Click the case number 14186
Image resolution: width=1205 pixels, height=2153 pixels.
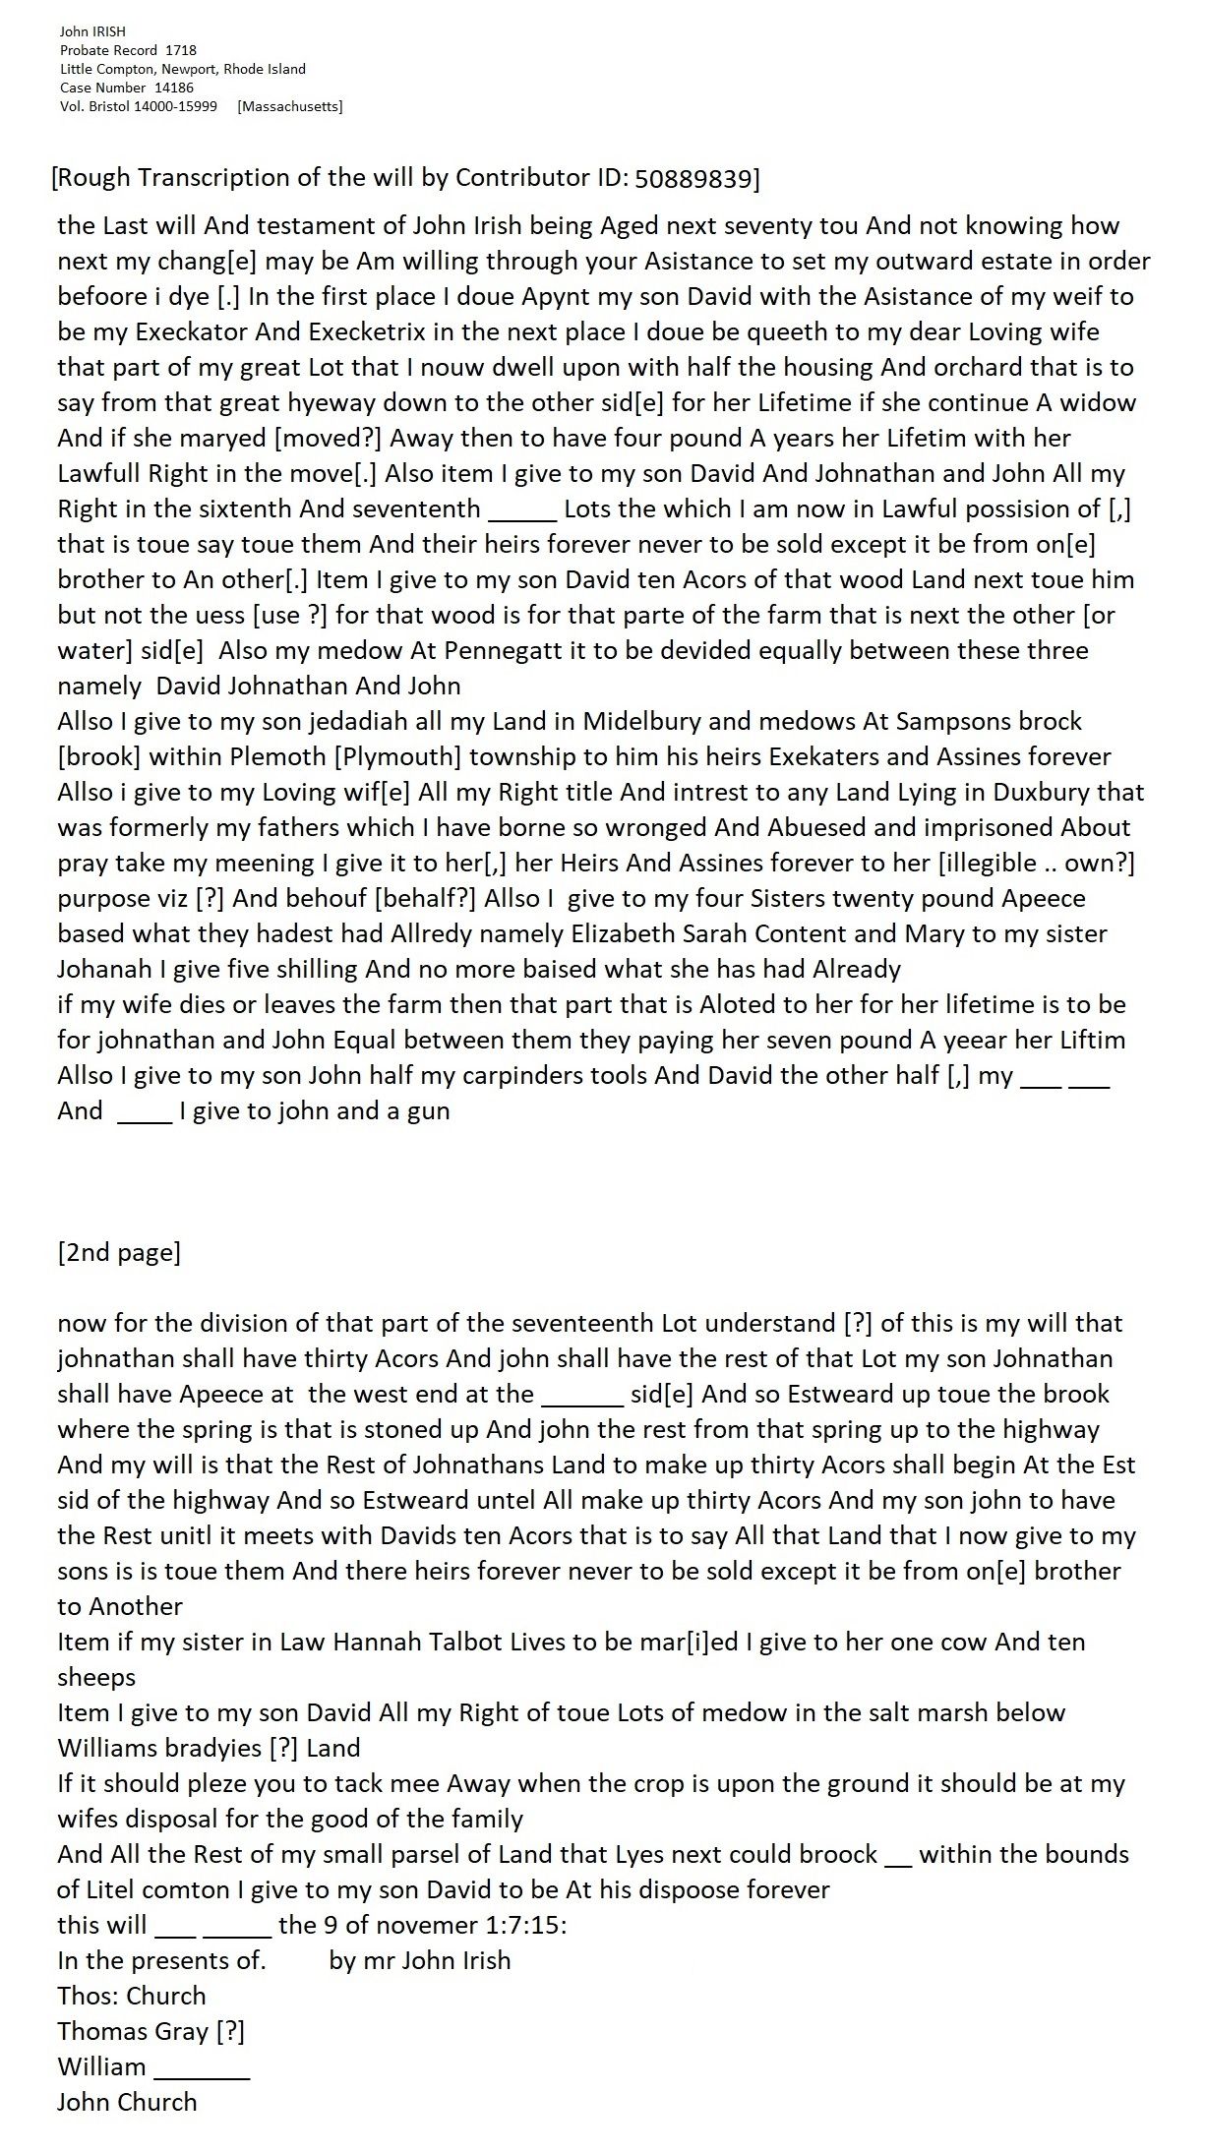point(174,88)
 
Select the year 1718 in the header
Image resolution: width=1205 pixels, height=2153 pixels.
point(181,50)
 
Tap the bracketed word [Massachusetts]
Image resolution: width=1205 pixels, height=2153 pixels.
point(290,106)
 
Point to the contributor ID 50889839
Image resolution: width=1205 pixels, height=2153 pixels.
point(693,178)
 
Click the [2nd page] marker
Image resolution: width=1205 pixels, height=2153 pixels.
point(119,1253)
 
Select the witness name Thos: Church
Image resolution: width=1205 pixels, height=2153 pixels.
point(132,1997)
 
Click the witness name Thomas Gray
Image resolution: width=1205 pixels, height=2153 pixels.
point(133,2032)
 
